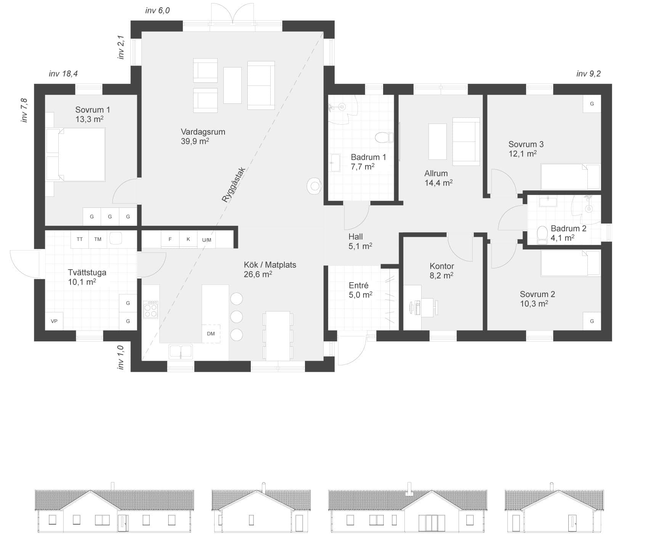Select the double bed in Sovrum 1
pyautogui.click(x=75, y=154)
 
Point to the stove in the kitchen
pyautogui.click(x=151, y=309)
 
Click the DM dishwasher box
pyautogui.click(x=211, y=334)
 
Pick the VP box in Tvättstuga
pyautogui.click(x=54, y=321)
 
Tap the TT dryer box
pyautogui.click(x=80, y=239)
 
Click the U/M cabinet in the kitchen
pyautogui.click(x=207, y=240)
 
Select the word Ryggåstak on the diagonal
pyautogui.click(x=234, y=185)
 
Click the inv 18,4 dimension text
pyautogui.click(x=63, y=74)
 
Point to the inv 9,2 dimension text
pyautogui.click(x=589, y=74)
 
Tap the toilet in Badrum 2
pyautogui.click(x=542, y=235)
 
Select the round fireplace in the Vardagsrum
pyautogui.click(x=315, y=186)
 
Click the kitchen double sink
pyautogui.click(x=181, y=352)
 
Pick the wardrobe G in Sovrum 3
pyautogui.click(x=592, y=104)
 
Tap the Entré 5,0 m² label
pyautogui.click(x=360, y=290)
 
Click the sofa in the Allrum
pyautogui.click(x=466, y=141)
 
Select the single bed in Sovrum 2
pyautogui.click(x=571, y=263)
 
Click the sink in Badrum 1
pyautogui.click(x=335, y=163)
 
